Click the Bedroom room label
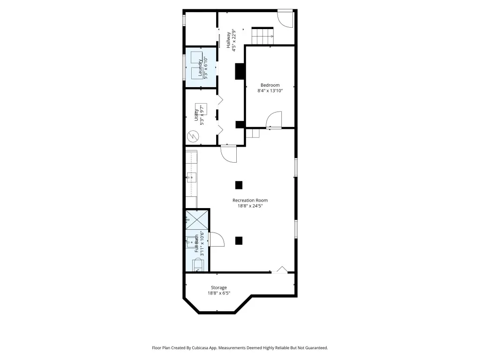[270, 85]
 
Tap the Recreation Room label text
[250, 200]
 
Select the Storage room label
[219, 287]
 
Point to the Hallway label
[228, 40]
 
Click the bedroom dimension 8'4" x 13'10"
[270, 90]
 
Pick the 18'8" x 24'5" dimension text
[250, 206]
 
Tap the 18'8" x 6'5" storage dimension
[219, 293]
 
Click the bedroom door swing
[274, 120]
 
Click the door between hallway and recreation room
[228, 154]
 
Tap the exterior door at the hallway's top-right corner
[285, 19]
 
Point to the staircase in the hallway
[262, 36]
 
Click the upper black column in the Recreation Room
[239, 185]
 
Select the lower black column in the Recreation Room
[239, 240]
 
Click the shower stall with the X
[197, 220]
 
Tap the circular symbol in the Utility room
[193, 136]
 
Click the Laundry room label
[200, 67]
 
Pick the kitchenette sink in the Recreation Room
[192, 177]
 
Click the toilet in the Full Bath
[197, 265]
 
